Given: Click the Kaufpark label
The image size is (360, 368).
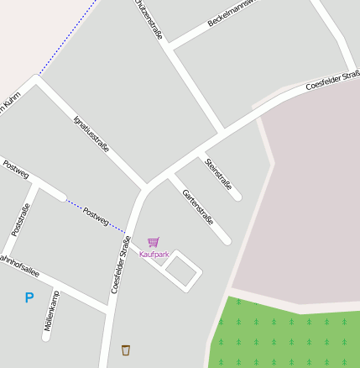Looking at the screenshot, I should [x=154, y=254].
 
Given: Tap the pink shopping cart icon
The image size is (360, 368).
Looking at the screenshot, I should [x=153, y=242].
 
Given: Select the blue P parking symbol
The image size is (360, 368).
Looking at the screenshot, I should [x=29, y=297].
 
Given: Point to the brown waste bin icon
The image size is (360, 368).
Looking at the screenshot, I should [x=126, y=350].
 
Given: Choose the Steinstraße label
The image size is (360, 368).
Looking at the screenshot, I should [x=219, y=174].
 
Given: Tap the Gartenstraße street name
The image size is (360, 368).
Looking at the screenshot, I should [x=198, y=207].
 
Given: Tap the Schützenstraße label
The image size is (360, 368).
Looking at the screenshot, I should [x=149, y=19].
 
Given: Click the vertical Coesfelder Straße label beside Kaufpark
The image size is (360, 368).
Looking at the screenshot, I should [x=120, y=264].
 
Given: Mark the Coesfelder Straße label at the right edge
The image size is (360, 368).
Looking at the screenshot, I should [x=333, y=81].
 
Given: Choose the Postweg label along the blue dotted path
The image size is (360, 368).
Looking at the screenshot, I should [x=96, y=216].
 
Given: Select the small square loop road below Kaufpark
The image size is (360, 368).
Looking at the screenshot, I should [x=182, y=271].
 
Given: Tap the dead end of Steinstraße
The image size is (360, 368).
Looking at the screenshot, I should [x=237, y=197].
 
